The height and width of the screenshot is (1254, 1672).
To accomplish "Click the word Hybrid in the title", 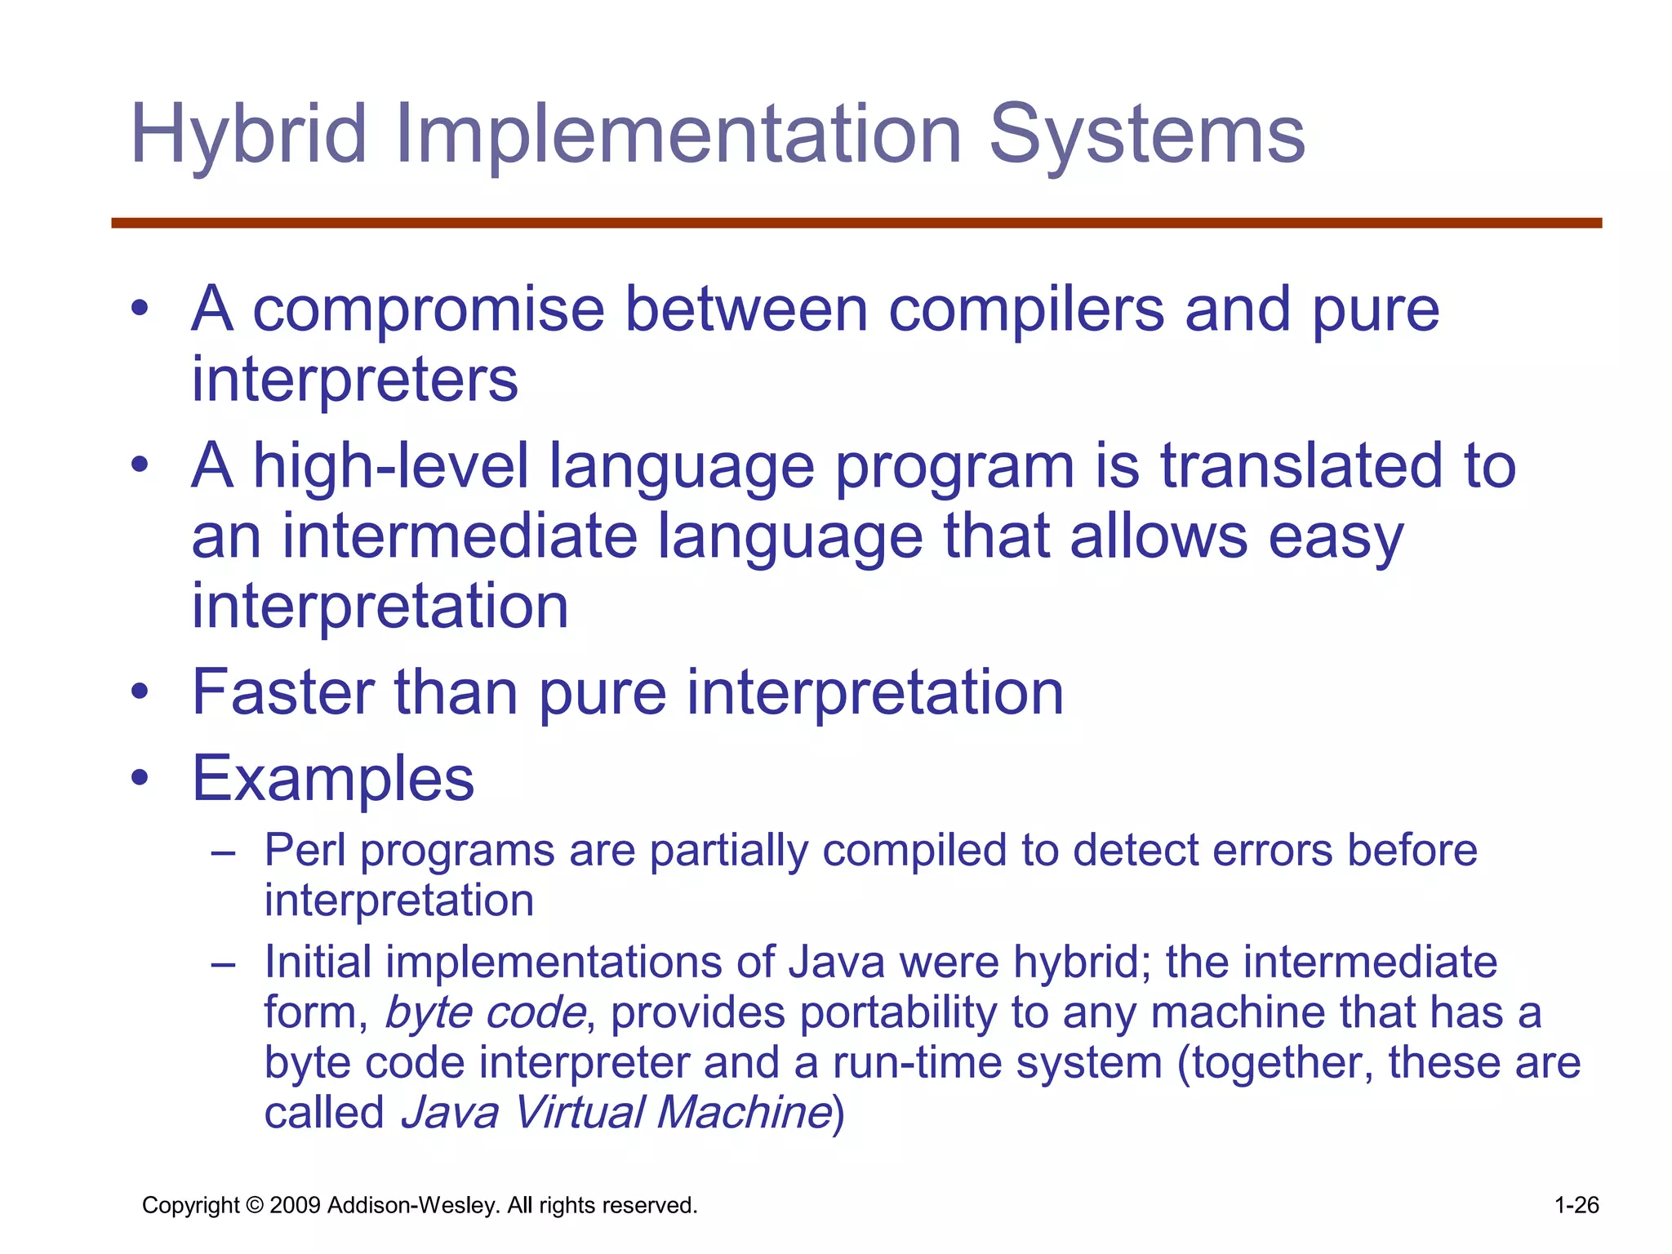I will pyautogui.click(x=249, y=135).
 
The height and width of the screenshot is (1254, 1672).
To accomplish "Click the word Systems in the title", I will pyautogui.click(x=1146, y=135).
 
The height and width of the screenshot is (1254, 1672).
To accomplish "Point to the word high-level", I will pyautogui.click(x=391, y=466).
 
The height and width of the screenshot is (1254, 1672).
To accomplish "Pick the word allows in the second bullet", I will pyautogui.click(x=1158, y=537).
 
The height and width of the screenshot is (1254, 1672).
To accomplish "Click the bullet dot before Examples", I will pyautogui.click(x=140, y=778).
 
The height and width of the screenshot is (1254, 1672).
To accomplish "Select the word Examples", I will pyautogui.click(x=333, y=778).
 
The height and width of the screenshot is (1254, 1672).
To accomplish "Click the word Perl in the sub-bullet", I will pyautogui.click(x=305, y=851).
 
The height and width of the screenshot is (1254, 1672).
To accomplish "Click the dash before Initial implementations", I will pyautogui.click(x=222, y=964).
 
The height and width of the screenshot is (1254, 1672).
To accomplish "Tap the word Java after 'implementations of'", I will pyautogui.click(x=836, y=963).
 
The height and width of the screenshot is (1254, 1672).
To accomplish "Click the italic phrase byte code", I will pyautogui.click(x=485, y=1013).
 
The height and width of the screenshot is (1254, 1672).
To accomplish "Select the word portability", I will pyautogui.click(x=898, y=1013).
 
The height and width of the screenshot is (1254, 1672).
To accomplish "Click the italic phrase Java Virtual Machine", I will pyautogui.click(x=616, y=1113).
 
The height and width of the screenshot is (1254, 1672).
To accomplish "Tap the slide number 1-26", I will pyautogui.click(x=1576, y=1205).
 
